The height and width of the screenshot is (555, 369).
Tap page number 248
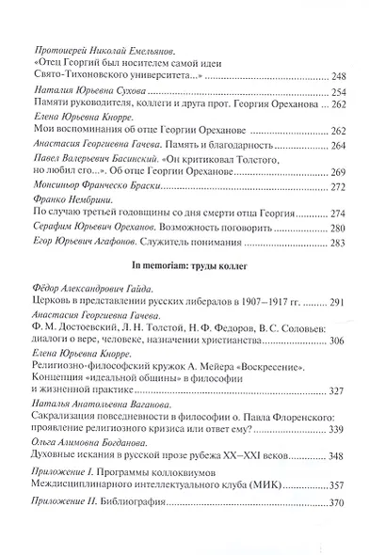pos(338,74)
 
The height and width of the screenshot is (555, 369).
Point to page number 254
pos(338,90)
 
